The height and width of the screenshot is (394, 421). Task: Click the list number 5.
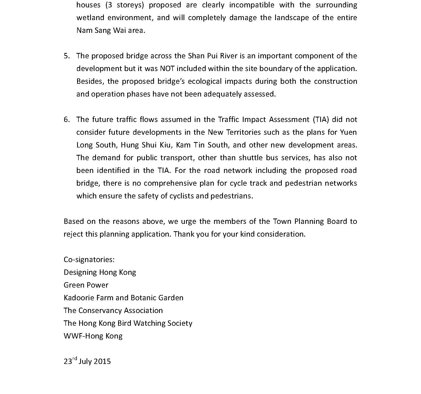point(66,56)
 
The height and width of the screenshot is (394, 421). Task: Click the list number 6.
point(66,120)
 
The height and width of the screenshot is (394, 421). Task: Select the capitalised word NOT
point(167,69)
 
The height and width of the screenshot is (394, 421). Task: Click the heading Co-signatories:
point(89,260)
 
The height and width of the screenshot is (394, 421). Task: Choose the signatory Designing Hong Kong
point(100,272)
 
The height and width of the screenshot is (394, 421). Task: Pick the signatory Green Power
point(86,285)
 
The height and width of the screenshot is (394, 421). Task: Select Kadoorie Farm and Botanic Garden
point(123,298)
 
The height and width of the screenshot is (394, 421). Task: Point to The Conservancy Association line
point(113,310)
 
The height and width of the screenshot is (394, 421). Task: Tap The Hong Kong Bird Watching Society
point(128,323)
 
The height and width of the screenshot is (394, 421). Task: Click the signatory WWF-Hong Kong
point(93,336)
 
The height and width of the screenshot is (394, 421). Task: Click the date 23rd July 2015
point(87,361)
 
